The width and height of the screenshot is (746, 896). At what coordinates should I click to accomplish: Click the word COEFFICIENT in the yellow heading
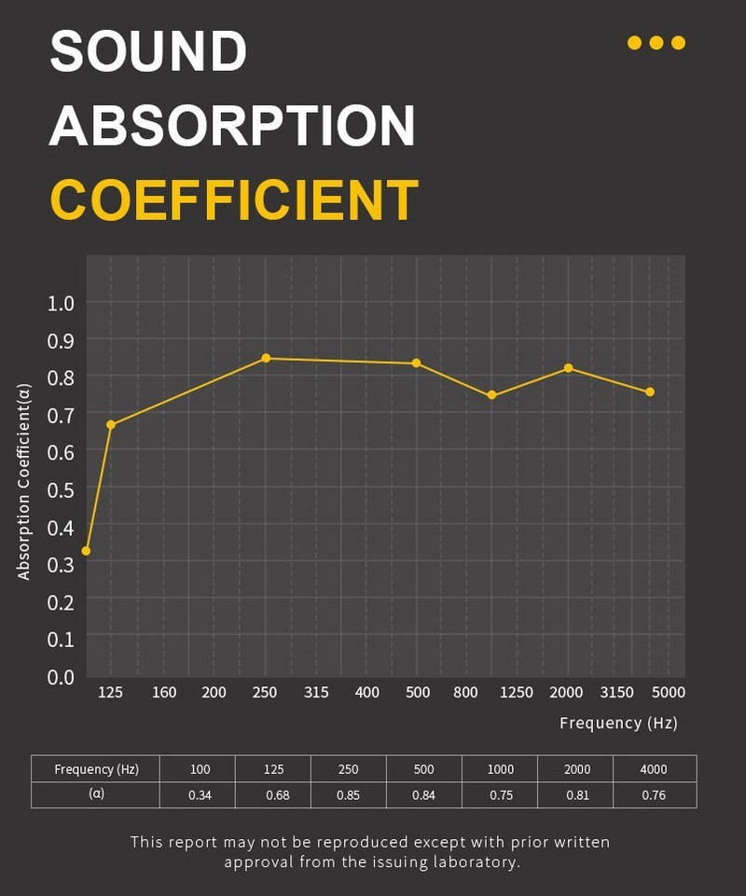(233, 199)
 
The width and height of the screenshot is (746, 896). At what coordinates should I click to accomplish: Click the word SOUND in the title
(148, 51)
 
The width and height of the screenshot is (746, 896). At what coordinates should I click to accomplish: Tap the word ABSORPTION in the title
(232, 125)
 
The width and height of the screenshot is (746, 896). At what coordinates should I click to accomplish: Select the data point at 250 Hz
(266, 358)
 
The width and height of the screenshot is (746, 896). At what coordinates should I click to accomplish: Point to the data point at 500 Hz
(417, 363)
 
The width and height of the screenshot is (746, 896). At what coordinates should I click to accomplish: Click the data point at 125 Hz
(111, 424)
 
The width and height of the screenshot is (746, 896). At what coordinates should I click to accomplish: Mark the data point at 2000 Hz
(568, 368)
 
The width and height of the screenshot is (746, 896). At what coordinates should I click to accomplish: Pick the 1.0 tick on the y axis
(61, 302)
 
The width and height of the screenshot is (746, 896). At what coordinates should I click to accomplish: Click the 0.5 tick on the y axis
(61, 489)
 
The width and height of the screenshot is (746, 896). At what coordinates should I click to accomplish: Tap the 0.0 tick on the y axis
(61, 676)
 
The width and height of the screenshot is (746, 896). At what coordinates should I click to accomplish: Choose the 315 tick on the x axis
(316, 692)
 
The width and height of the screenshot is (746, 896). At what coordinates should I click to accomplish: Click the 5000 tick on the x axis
(669, 692)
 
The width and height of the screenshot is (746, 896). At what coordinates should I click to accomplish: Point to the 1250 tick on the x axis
(516, 692)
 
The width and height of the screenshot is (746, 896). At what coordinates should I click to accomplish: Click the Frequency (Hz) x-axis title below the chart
(618, 723)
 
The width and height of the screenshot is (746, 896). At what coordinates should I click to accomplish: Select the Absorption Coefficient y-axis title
(24, 482)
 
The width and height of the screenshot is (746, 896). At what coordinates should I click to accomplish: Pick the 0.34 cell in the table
(200, 795)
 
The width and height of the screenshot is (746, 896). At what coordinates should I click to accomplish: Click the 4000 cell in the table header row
(654, 769)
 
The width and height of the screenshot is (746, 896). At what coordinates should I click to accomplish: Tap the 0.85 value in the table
(348, 795)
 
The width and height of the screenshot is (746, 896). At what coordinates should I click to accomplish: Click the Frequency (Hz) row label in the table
(96, 769)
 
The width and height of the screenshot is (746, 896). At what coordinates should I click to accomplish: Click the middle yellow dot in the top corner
(656, 43)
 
